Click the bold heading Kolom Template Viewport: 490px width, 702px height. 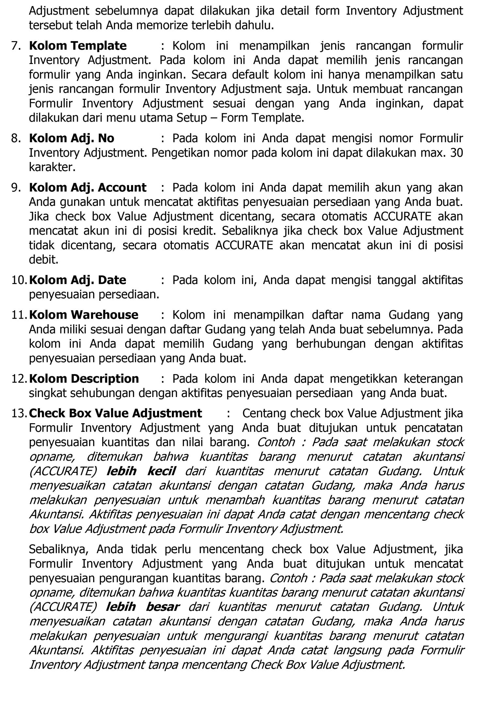coord(78,46)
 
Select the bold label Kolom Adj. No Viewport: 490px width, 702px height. coord(72,138)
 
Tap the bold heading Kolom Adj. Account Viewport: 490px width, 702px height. coord(88,187)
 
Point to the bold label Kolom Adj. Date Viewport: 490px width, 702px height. coord(77,280)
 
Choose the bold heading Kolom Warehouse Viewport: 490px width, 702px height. coord(84,315)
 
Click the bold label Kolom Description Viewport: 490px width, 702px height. coord(84,378)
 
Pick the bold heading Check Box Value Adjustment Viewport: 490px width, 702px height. coord(115,413)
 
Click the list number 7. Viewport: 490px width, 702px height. coord(16,46)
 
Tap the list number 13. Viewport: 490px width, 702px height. coord(19,413)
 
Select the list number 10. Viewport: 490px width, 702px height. coord(19,280)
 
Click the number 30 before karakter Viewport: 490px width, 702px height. coord(456,153)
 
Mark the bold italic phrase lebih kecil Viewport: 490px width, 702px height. coord(141,471)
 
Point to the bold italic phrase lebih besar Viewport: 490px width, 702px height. coord(142,607)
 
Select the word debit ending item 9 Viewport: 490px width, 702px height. coord(43,260)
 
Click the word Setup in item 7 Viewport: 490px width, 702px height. coord(192,118)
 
